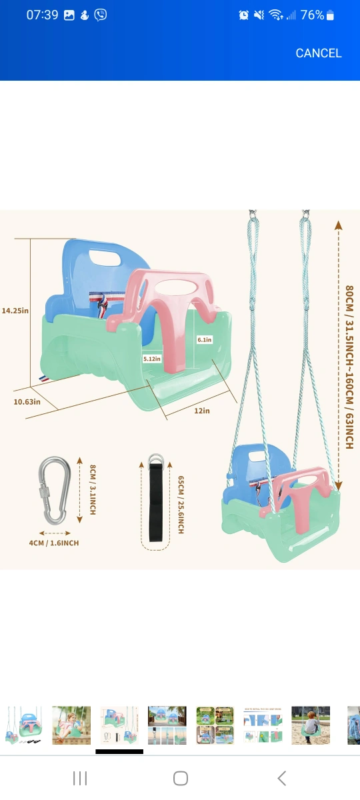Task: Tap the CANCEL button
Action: pos(319,53)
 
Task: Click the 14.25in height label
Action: pos(15,311)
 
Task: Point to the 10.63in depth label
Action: pos(27,402)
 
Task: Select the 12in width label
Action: pos(202,411)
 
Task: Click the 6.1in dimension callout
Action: pos(205,339)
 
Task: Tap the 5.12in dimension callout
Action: pos(152,359)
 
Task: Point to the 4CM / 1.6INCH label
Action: pos(54,543)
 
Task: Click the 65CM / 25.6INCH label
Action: pos(181,505)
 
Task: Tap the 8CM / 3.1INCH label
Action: pos(93,489)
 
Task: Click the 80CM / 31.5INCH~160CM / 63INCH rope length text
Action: pos(349,367)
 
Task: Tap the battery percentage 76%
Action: pos(312,15)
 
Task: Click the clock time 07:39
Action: pos(42,15)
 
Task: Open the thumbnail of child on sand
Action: pos(311,725)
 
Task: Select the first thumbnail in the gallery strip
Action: pos(23,725)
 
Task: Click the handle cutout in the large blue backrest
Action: pos(106,258)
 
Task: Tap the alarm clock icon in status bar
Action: pos(243,15)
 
